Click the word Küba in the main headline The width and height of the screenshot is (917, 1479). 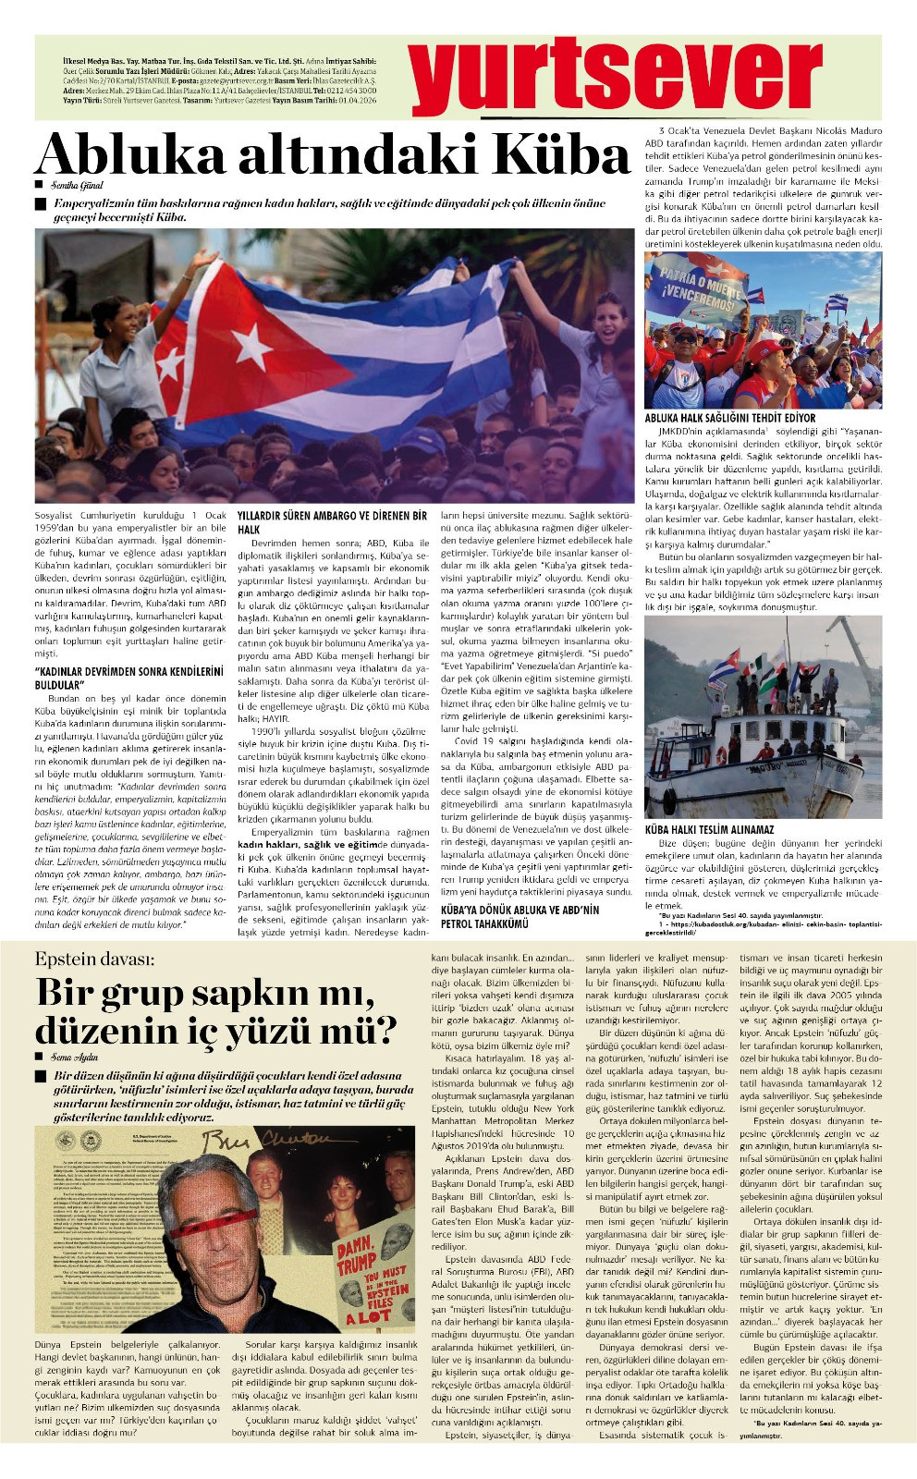point(550,155)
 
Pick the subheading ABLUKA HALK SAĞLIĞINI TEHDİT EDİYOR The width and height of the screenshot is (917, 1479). point(730,418)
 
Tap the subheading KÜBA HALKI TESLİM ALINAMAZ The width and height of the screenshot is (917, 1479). point(709,830)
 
